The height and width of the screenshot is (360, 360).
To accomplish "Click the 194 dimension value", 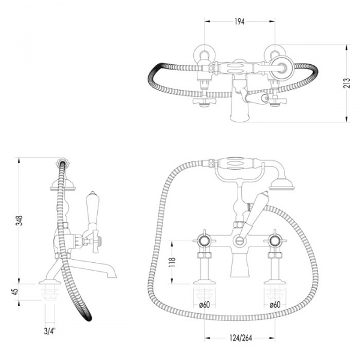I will pyautogui.click(x=240, y=22).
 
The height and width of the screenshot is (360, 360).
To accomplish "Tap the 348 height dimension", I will pyautogui.click(x=20, y=221).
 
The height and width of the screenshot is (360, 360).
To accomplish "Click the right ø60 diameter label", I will pyautogui.click(x=275, y=305).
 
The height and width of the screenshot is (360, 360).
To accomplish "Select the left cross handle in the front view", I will pyautogui.click(x=205, y=241).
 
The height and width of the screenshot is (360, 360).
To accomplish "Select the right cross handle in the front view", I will pyautogui.click(x=275, y=241).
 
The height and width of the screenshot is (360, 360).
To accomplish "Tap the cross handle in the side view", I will pyautogui.click(x=94, y=241).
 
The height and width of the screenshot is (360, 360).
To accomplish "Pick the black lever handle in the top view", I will pyautogui.click(x=256, y=98).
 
